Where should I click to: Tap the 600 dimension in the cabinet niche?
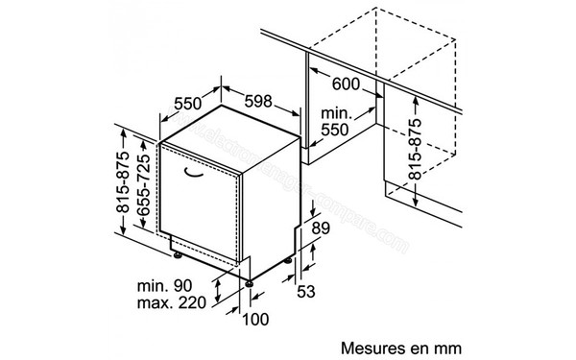coord(347,84)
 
